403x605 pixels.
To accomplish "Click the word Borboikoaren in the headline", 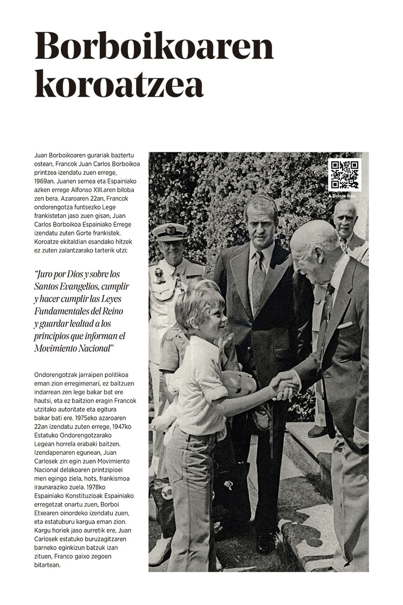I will tap(154, 46).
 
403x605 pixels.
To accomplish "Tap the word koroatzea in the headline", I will tap(119, 85).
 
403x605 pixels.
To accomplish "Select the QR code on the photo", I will tap(345, 175).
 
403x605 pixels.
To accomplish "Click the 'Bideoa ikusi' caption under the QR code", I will tap(344, 195).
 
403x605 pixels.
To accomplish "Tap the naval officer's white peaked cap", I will tap(169, 230).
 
